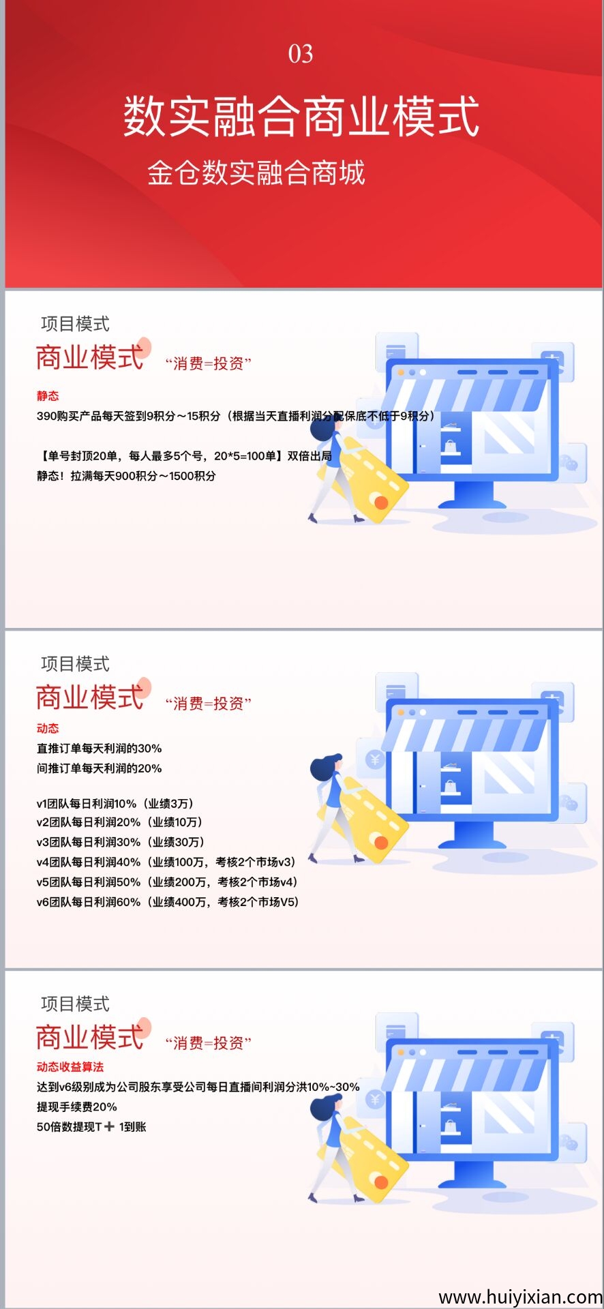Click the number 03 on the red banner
click(301, 54)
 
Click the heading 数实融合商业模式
click(301, 116)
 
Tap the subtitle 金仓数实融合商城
click(256, 172)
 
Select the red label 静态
click(48, 395)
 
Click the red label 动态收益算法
click(70, 1066)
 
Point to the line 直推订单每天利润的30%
click(100, 748)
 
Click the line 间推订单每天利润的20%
click(100, 768)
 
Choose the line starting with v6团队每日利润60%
click(168, 902)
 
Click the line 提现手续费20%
click(77, 1107)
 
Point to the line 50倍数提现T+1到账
click(91, 1126)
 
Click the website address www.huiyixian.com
click(521, 1296)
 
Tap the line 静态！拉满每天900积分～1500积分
click(126, 476)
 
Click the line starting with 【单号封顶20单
click(184, 455)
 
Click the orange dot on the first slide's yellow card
click(381, 503)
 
